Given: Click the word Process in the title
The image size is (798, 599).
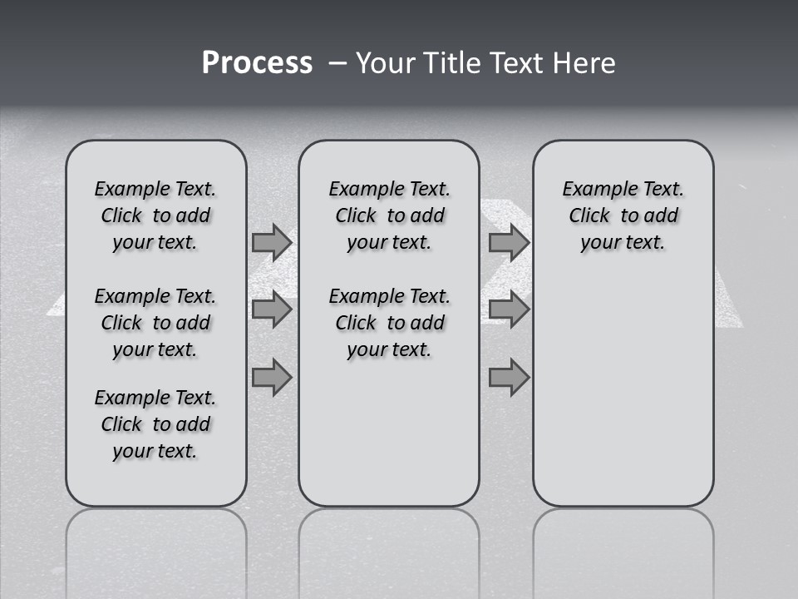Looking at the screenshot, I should pyautogui.click(x=257, y=63).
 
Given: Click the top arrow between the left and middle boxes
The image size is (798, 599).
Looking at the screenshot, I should pyautogui.click(x=272, y=242).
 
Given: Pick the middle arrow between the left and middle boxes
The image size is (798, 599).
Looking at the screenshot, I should pyautogui.click(x=272, y=309).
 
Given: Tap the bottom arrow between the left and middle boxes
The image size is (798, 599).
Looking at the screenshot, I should pyautogui.click(x=272, y=378).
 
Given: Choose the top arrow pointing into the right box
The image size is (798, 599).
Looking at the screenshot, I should pyautogui.click(x=509, y=242).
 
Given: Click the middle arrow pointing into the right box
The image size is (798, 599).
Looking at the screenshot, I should pyautogui.click(x=509, y=309).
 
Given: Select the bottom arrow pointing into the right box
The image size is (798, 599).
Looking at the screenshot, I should pyautogui.click(x=509, y=378).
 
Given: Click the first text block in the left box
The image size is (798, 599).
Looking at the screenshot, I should pyautogui.click(x=155, y=215).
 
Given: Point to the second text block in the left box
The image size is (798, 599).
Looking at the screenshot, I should pyautogui.click(x=155, y=323).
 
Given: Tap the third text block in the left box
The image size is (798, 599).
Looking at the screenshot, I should pyautogui.click(x=155, y=424).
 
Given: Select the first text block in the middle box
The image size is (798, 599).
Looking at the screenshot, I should pyautogui.click(x=389, y=215).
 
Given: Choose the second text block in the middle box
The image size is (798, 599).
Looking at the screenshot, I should pyautogui.click(x=389, y=323).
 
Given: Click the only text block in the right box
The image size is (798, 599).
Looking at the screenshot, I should pyautogui.click(x=623, y=215).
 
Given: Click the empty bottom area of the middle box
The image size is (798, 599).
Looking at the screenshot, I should pyautogui.click(x=389, y=441).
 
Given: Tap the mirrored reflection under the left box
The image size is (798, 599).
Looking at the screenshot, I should pyautogui.click(x=156, y=549).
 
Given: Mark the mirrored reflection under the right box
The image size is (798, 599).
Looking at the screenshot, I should pyautogui.click(x=623, y=549).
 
